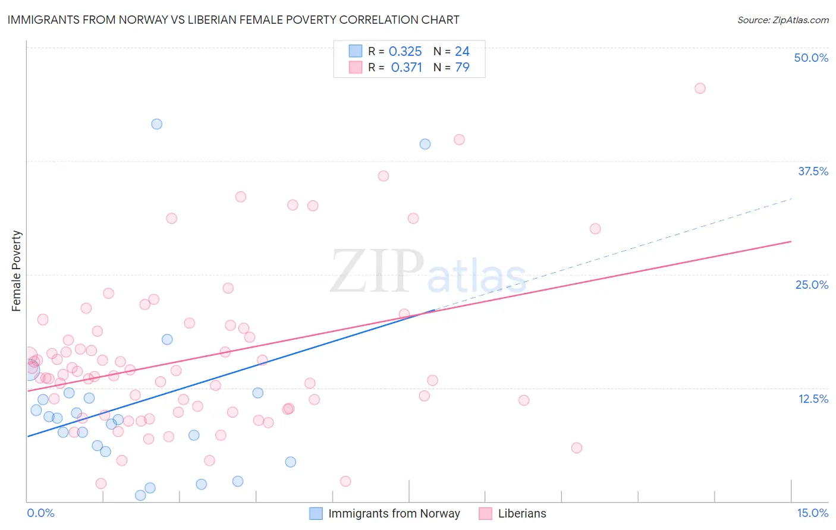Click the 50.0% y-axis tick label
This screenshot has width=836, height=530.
pos(811,58)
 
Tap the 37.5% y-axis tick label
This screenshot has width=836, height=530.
pos(813,171)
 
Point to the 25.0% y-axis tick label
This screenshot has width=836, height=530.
pos(812,285)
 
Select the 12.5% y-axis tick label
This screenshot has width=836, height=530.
pos(813,399)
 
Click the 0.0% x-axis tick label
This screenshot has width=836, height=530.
pos(40,513)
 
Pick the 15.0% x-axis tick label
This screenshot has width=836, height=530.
pos(812,513)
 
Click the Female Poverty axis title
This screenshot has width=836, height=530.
pos(16,271)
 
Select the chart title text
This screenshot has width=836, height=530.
pos(233,20)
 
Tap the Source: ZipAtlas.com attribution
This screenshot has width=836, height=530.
pos(782,20)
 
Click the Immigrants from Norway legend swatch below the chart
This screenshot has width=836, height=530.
pos(316,513)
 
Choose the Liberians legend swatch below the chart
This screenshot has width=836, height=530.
pos(485,513)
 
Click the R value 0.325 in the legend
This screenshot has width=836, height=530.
pos(405,52)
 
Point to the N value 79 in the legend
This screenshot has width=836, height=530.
pos(462,68)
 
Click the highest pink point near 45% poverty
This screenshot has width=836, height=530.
pos(700,89)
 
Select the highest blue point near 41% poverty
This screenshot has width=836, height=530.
pos(156,124)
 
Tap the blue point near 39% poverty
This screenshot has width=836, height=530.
pos(425,144)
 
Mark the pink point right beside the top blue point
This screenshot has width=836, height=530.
pos(459,140)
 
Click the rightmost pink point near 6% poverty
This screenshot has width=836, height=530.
pos(576,448)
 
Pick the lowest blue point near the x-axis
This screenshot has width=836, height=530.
pos(140,495)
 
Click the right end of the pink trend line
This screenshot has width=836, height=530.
pos(791,242)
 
